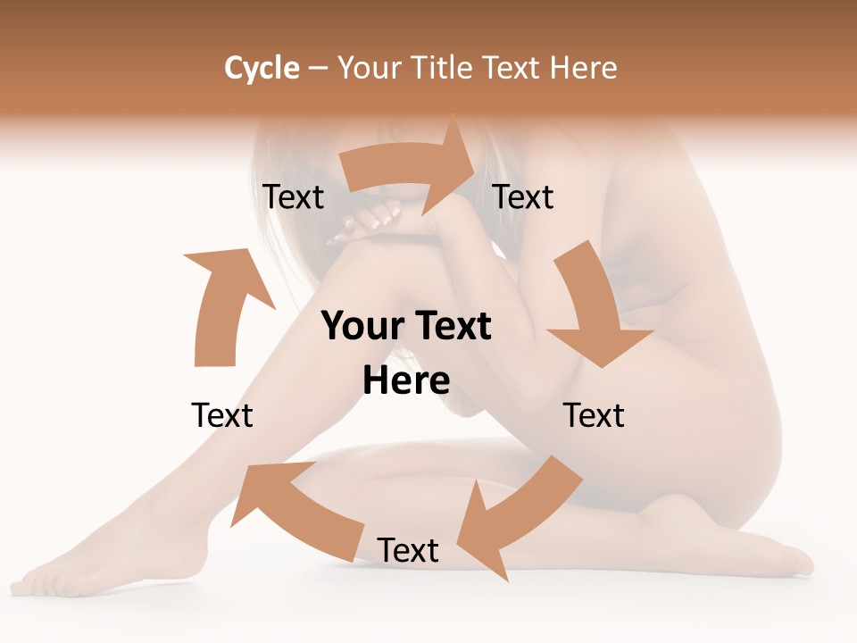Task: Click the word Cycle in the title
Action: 262,68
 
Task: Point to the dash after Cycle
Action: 318,69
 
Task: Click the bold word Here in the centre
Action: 406,380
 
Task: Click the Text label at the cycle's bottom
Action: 408,551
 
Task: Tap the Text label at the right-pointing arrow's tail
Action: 293,196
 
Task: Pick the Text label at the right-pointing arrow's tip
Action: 523,196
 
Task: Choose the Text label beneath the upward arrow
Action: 222,415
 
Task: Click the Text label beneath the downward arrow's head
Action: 594,415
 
